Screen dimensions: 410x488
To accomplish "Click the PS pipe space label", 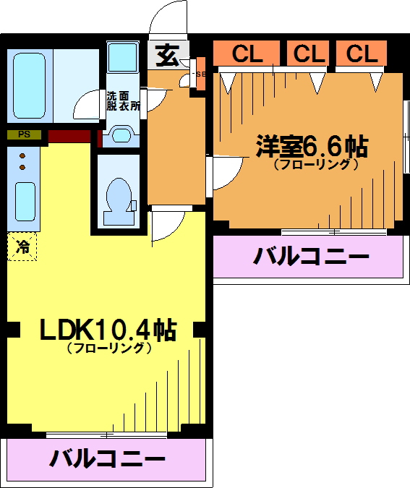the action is (x=24, y=134).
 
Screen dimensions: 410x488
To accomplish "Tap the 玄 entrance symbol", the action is (x=168, y=56).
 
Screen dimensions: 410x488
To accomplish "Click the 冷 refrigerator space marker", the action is (x=22, y=247).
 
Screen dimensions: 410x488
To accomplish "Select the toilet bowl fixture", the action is (x=119, y=201).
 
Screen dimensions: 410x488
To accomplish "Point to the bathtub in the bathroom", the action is (x=29, y=85).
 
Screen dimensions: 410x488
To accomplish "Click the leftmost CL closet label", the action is (x=247, y=53).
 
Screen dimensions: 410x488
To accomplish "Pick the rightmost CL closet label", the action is (x=362, y=53).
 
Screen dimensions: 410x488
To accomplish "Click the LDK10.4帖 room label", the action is (x=108, y=330).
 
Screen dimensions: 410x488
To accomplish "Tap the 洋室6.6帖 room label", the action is (x=312, y=147).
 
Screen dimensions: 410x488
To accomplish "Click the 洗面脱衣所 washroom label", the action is (x=123, y=100).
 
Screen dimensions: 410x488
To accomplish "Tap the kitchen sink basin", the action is (x=25, y=202).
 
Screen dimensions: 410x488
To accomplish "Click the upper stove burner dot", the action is (x=22, y=155).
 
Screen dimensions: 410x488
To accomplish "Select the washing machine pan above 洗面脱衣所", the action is (x=123, y=57).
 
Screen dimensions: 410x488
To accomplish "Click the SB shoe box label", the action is (x=201, y=74).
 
